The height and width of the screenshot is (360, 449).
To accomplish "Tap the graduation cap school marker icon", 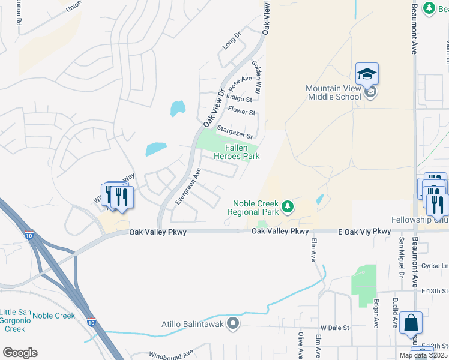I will (x=367, y=74).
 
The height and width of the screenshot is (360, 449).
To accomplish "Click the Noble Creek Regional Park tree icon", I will (x=288, y=207).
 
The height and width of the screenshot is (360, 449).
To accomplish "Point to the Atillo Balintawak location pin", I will (x=234, y=325).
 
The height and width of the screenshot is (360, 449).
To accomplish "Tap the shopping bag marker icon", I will (x=411, y=323).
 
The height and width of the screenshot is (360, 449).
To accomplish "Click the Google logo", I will (x=20, y=353).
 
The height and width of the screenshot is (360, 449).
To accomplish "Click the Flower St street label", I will (x=242, y=112).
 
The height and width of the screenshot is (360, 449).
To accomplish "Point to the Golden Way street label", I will (x=257, y=76).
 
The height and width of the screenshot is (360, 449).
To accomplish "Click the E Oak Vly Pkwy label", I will (x=364, y=231).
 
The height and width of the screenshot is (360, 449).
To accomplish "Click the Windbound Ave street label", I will (x=171, y=354).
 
